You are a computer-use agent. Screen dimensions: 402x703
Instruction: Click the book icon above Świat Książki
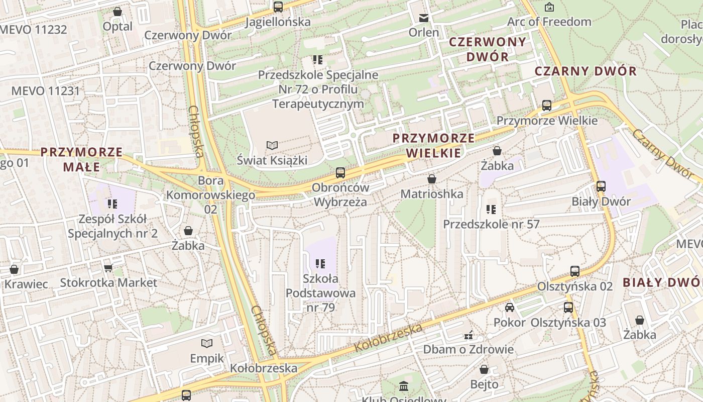point(272,145)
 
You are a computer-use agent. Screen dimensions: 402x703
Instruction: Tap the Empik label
point(207,358)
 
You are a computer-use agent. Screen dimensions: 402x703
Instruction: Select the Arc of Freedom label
point(549,22)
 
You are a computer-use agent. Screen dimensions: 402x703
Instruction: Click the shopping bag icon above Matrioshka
point(431,179)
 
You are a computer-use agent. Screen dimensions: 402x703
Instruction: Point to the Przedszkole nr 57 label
point(491,224)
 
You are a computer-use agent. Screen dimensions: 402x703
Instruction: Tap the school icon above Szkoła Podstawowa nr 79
point(320,263)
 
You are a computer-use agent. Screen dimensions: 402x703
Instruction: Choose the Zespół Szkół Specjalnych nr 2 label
point(112,226)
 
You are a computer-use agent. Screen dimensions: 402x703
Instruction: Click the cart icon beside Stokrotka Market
point(108,268)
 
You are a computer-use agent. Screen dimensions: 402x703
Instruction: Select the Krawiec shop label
point(26,284)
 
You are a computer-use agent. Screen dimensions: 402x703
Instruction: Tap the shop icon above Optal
point(118,12)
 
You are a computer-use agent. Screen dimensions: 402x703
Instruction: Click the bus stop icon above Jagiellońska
point(278,7)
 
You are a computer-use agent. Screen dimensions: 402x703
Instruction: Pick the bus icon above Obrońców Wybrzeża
point(340,173)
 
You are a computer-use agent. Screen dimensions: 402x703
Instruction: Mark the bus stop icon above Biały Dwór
point(601,186)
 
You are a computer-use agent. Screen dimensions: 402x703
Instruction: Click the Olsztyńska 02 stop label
point(575,286)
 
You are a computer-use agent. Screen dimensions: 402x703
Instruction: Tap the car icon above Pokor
point(510,308)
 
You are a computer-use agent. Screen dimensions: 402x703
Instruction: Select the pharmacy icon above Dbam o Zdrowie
point(468,335)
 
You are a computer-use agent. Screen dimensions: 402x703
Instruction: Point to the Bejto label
point(484,384)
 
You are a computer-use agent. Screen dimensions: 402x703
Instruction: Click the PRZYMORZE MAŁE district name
point(81,159)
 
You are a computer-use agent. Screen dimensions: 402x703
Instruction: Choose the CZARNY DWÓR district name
point(585,71)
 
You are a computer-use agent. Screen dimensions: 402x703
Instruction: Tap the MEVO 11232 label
point(33,29)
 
